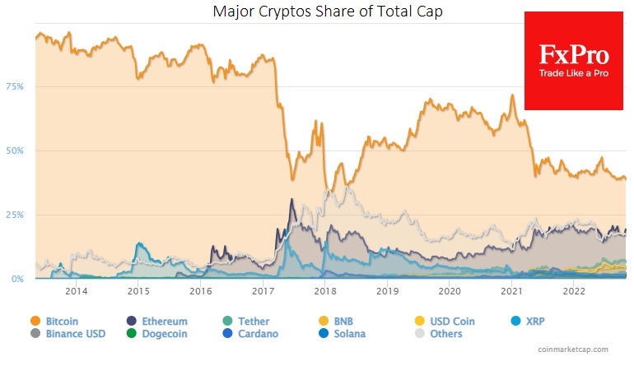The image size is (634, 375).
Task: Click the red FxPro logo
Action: tap(573, 60)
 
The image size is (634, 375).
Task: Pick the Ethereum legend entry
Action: tap(157, 322)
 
